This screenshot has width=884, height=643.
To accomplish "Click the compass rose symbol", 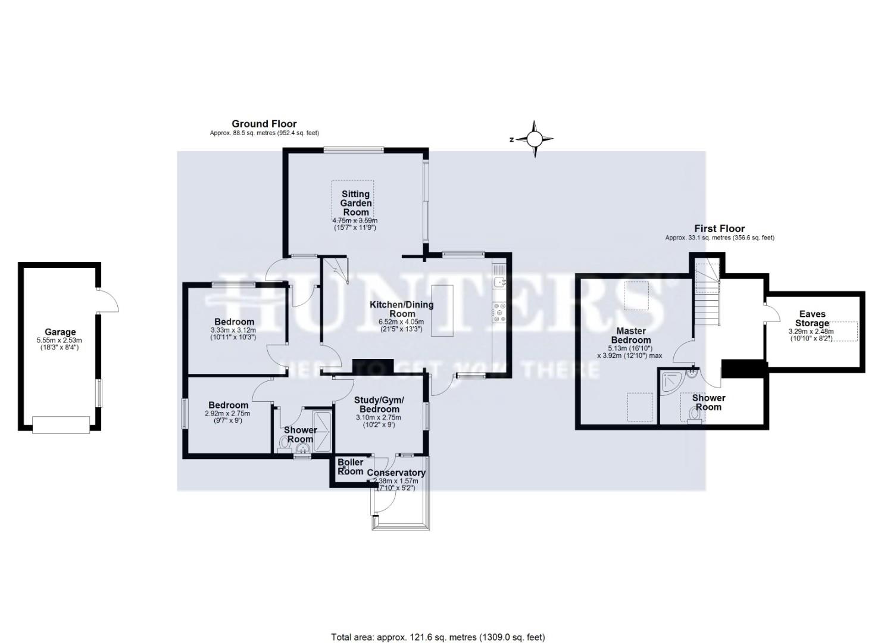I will [534, 139].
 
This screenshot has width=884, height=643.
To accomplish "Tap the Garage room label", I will [60, 332].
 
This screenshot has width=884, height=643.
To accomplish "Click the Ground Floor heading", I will [264, 124].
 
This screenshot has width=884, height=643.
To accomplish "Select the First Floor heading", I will [719, 229].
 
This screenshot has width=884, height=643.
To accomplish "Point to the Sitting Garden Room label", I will [355, 203].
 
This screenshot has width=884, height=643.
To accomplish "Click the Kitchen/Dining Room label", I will [402, 309].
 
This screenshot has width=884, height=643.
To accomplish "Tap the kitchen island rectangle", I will [442, 310].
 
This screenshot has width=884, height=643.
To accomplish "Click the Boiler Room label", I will [350, 467].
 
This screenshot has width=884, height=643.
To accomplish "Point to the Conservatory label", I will [396, 473].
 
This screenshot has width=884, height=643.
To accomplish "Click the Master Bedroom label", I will [631, 335].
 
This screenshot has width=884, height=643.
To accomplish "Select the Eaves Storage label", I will [812, 319].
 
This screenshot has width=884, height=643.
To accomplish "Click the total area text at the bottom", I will [438, 637].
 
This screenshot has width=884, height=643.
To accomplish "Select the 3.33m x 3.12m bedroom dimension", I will [233, 330].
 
